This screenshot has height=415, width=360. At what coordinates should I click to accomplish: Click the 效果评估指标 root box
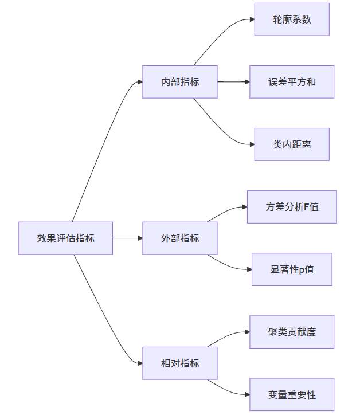pos(65,238)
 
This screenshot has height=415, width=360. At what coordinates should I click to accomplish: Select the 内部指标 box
pos(180,82)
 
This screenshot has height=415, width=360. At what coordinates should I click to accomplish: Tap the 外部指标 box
pos(180,238)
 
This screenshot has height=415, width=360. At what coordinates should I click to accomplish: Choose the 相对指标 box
pos(180,363)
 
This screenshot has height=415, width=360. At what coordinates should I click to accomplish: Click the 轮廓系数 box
pos(292,19)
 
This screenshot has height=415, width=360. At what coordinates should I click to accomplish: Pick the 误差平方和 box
pos(292,82)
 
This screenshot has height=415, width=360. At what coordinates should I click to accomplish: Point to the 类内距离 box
pos(292,144)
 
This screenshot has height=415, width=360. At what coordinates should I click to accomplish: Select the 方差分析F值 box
pos(292,207)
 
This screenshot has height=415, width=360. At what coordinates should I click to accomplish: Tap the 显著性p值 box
pos(292,269)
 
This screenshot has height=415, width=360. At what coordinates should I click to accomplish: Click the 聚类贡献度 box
pos(292,332)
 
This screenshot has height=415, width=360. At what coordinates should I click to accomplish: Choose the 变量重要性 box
pos(292,394)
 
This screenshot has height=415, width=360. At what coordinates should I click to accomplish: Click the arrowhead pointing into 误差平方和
pos(246,82)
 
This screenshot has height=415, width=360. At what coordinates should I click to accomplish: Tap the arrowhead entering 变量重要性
pos(246,394)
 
